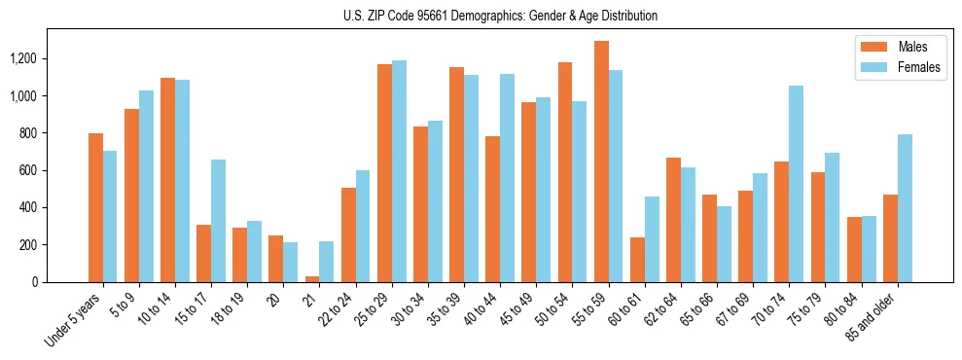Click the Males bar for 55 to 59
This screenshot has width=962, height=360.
[x=601, y=162]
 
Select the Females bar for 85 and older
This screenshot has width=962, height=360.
[x=905, y=208]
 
